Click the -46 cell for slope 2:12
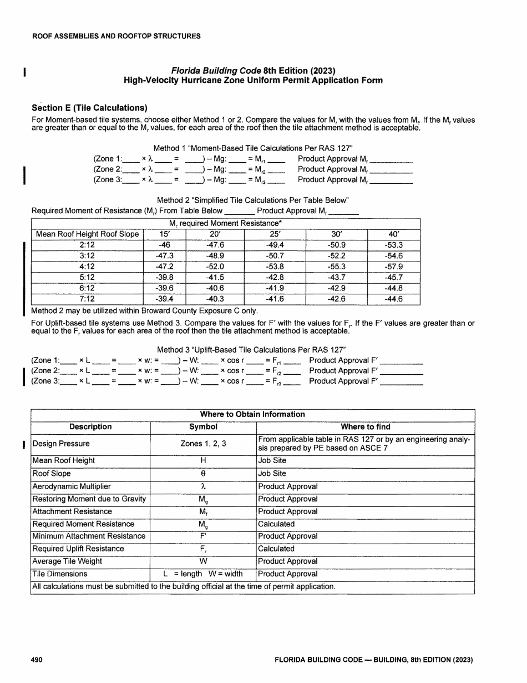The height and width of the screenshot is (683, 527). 164,245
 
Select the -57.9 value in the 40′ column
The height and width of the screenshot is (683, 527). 393,267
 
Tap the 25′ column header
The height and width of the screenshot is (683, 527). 275,234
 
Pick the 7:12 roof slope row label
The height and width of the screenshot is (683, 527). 87,299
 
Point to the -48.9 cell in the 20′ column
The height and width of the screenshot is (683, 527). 214,256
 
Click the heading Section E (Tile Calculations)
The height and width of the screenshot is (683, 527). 89,107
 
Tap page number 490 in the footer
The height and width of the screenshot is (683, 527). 37,660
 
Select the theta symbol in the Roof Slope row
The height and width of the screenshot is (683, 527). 203,474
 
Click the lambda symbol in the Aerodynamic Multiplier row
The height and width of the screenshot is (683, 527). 203,486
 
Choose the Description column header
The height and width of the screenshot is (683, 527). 90,427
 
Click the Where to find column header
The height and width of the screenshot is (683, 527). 365,427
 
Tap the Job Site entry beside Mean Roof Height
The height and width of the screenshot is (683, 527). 272,460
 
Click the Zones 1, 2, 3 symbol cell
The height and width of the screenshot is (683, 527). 203,444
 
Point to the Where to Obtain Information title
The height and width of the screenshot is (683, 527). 252,414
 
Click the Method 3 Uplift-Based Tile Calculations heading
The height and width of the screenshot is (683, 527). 252,349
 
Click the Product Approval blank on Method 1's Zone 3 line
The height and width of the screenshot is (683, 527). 391,180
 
